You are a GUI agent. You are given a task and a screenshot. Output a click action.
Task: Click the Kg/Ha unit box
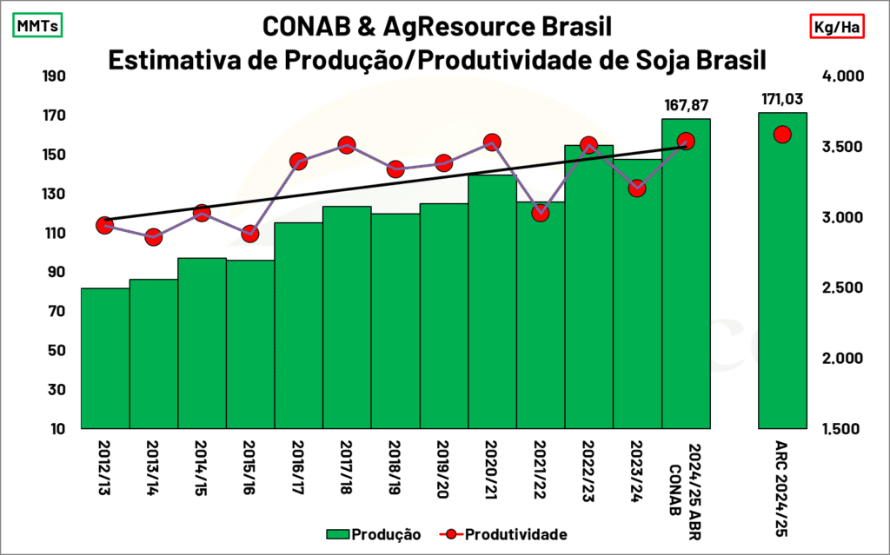[837, 27]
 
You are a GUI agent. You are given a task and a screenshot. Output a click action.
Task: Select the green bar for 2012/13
[105, 358]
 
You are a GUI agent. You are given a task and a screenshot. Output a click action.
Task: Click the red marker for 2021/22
[541, 213]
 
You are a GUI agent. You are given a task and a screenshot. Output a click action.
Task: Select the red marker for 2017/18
[346, 145]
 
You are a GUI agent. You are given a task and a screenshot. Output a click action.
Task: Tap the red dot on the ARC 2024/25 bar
[781, 134]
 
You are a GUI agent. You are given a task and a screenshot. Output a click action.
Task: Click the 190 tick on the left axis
[54, 76]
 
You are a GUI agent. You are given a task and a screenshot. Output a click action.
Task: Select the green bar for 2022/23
[588, 287]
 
